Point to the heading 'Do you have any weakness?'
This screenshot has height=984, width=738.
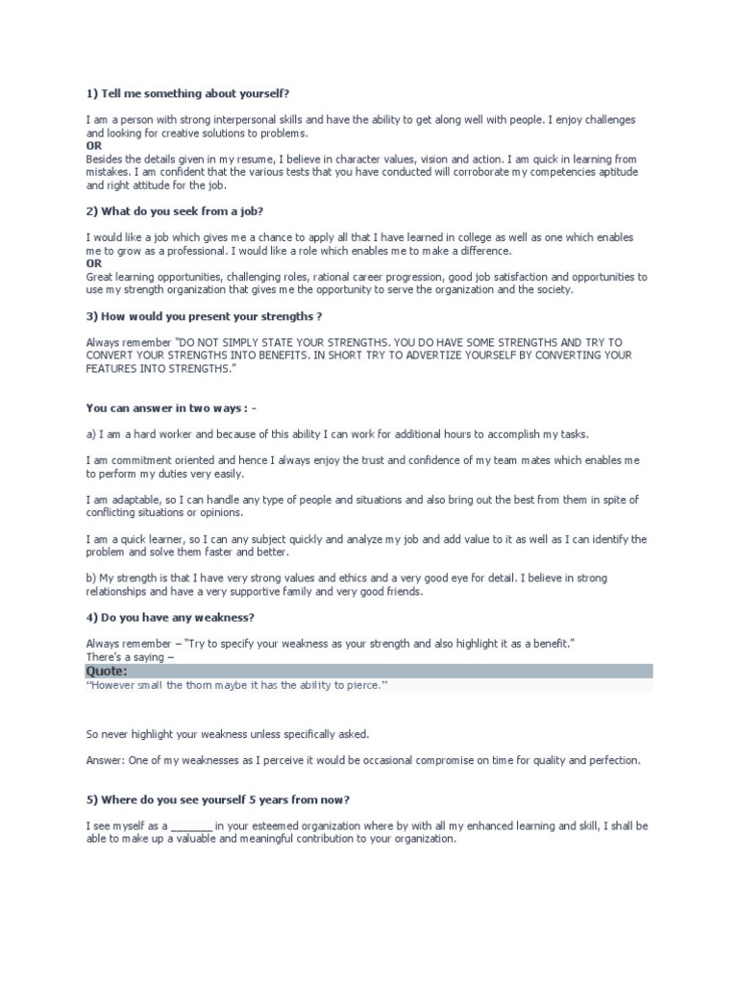pos(169,617)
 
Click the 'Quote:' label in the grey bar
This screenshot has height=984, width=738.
pos(107,671)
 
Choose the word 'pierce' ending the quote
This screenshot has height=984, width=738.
pos(366,685)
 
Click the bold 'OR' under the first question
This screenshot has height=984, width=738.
pos(93,145)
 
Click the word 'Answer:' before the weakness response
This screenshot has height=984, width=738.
pos(105,760)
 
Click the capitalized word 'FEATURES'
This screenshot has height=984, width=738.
pos(113,368)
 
